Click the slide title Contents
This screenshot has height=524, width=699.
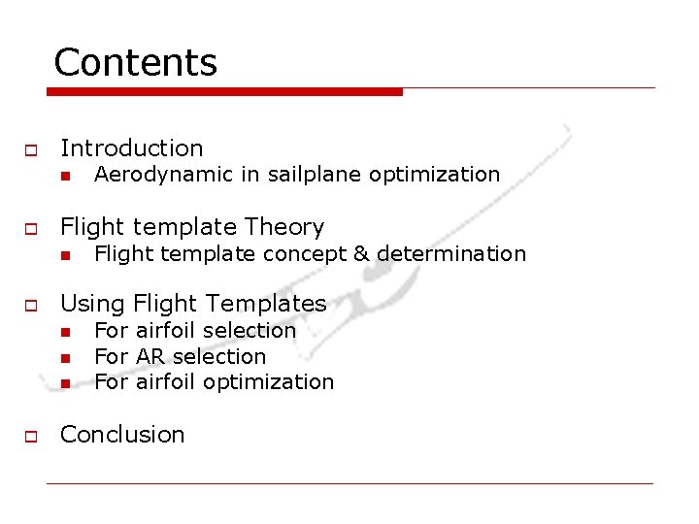(x=135, y=62)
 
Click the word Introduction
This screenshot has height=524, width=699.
(x=131, y=148)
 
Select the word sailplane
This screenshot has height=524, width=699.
(x=315, y=175)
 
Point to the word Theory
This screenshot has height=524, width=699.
(x=284, y=227)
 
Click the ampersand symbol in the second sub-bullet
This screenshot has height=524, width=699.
(x=361, y=254)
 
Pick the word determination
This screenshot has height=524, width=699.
(x=451, y=254)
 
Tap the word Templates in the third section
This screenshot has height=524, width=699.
(x=270, y=305)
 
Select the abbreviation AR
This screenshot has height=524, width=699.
(x=150, y=356)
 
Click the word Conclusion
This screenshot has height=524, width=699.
(x=122, y=435)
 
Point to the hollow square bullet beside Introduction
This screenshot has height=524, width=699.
(x=30, y=150)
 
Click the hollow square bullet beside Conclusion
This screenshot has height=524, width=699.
(x=30, y=437)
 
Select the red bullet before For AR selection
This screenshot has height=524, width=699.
(x=64, y=358)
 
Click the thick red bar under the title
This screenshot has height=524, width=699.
(x=224, y=92)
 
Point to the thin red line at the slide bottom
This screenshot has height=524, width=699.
(x=349, y=483)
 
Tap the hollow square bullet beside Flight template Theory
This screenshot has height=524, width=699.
(x=30, y=229)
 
